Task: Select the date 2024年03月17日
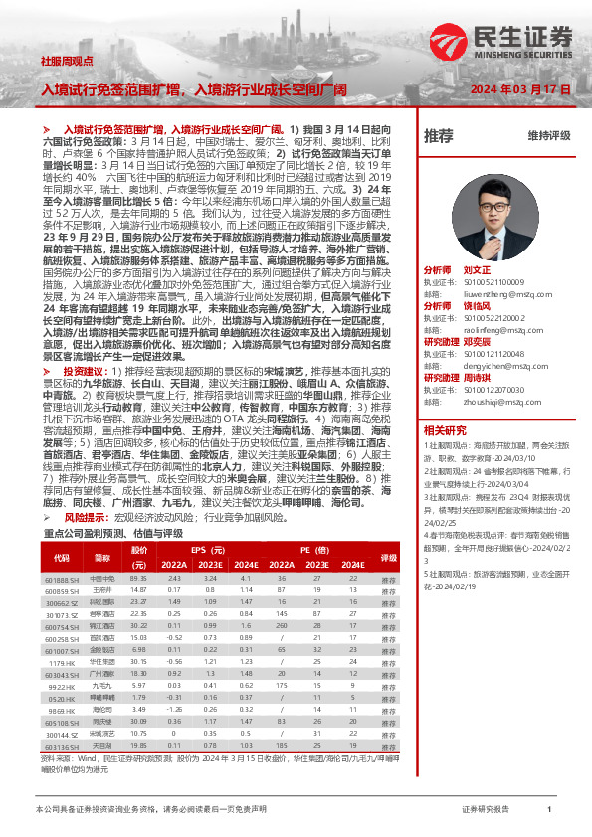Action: [x=520, y=88]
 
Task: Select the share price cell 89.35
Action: [x=138, y=578]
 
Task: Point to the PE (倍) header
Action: [x=316, y=549]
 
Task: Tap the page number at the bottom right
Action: [x=549, y=810]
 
